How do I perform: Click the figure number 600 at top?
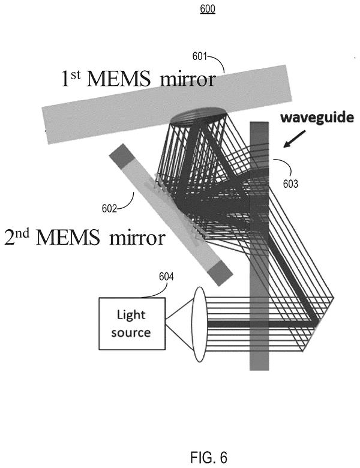click(208, 8)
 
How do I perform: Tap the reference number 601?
click(199, 56)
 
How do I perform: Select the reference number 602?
click(109, 208)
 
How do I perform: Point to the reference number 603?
click(290, 184)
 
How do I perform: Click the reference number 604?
click(166, 277)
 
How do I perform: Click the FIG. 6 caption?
click(208, 457)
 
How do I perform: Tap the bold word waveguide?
click(317, 117)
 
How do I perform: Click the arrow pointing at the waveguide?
click(295, 139)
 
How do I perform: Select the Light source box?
click(132, 323)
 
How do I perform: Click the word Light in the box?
click(131, 315)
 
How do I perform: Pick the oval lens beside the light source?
click(200, 324)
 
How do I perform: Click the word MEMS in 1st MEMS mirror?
click(118, 79)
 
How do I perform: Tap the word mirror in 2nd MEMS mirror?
click(137, 238)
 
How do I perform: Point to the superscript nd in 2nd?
click(22, 233)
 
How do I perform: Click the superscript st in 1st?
click(76, 74)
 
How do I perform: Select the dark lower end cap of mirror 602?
click(220, 272)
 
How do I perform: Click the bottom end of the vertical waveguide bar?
click(259, 370)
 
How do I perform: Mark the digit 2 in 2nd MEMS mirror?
click(10, 238)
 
